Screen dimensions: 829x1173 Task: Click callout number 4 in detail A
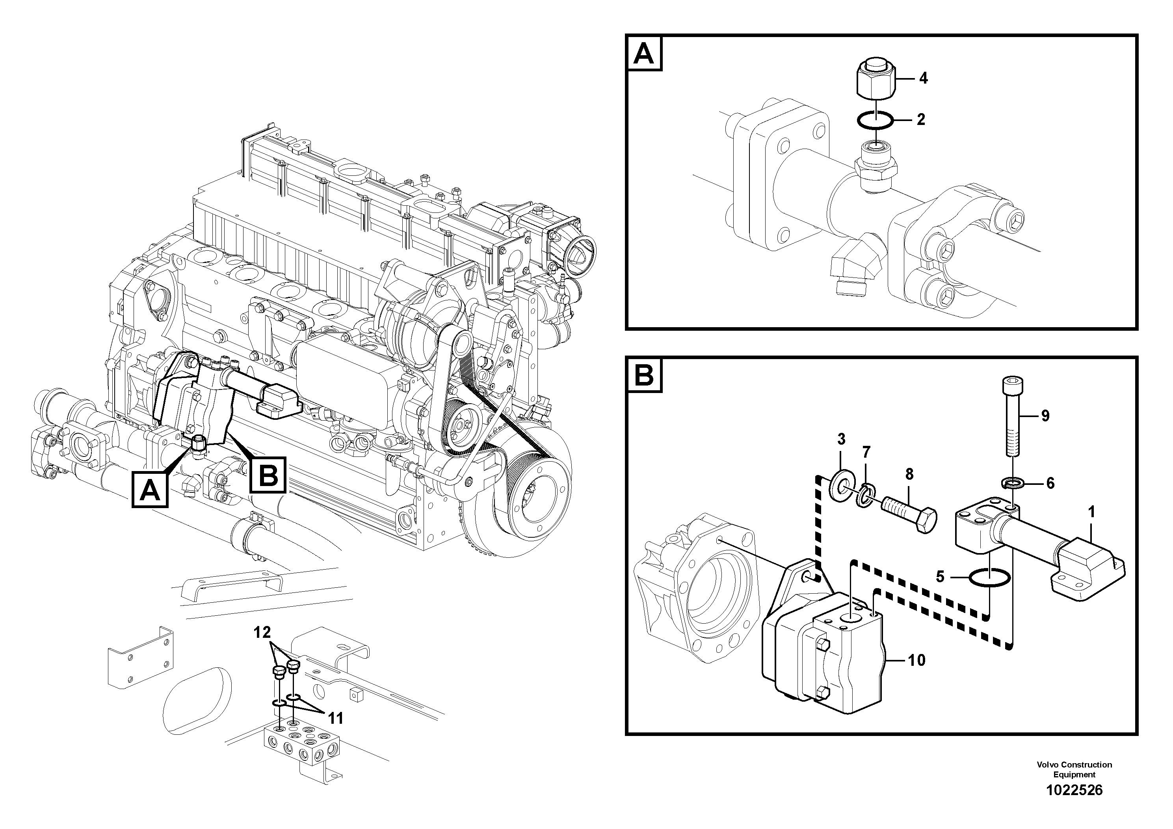(923, 78)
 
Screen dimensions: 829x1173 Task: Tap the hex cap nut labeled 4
(875, 79)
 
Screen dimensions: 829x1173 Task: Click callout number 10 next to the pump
(917, 660)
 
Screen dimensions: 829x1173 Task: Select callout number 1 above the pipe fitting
(1092, 512)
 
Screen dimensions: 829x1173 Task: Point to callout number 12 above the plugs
(262, 633)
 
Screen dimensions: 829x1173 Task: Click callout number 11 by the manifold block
(335, 718)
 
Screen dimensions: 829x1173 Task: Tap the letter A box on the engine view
(150, 490)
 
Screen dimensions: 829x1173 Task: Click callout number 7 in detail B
(866, 452)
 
